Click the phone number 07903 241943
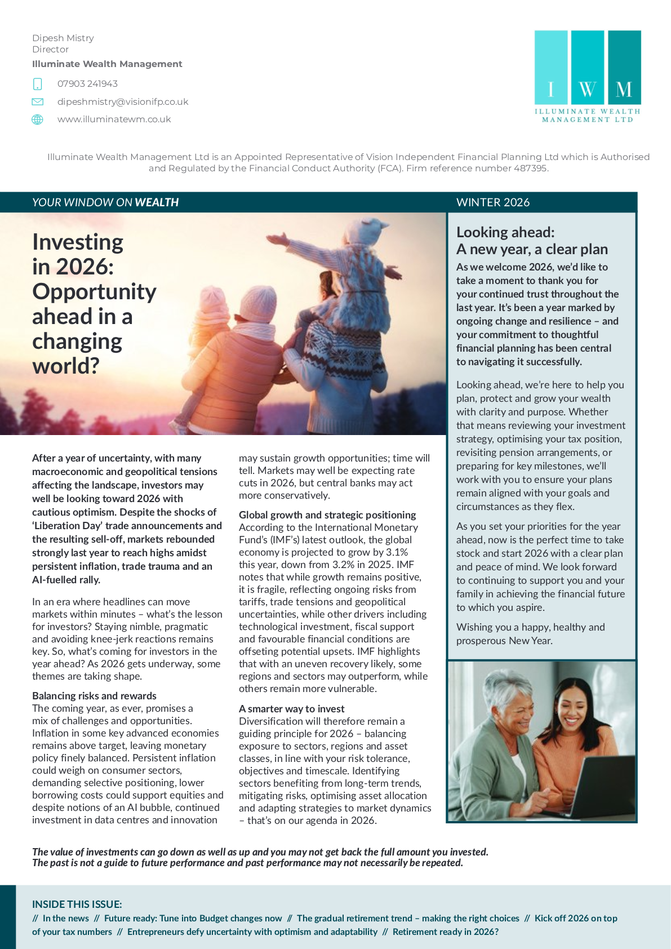87,84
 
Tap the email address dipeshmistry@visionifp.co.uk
123,102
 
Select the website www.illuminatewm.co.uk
114,119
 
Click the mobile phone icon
38,84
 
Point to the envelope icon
38,102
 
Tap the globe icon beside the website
38,119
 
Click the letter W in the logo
587,89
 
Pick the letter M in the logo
624,89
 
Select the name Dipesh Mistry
63,38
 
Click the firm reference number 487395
530,168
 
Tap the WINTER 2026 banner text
493,202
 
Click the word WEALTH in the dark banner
157,202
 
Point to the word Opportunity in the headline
94,292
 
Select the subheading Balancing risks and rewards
94,696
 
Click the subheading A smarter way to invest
291,709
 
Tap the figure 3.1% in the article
397,552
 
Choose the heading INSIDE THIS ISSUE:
77,904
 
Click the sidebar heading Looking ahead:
505,232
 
